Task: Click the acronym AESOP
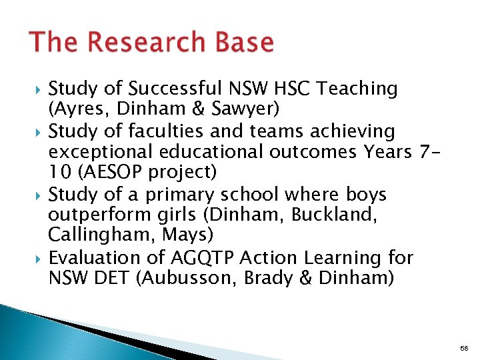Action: click(118, 173)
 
